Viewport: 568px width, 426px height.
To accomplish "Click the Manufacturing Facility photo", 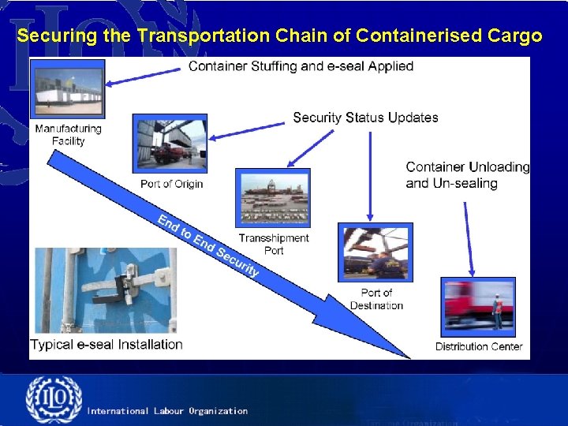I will (69, 88).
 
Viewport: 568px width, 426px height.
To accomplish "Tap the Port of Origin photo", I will (170, 143).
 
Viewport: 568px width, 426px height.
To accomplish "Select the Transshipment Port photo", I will (273, 197).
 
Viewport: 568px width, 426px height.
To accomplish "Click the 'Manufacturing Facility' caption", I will (69, 135).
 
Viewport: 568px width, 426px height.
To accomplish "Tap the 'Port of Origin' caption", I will (171, 184).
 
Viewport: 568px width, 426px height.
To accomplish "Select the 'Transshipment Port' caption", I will (274, 245).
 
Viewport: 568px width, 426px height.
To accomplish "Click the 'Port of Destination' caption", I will (376, 300).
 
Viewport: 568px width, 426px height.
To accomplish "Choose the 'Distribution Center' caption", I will (479, 346).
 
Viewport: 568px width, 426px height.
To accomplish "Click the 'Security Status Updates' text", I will (365, 118).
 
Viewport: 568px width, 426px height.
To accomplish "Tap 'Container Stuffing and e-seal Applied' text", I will (301, 66).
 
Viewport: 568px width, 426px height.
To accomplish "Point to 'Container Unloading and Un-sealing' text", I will (467, 175).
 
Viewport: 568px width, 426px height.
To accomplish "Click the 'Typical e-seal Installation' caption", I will (106, 344).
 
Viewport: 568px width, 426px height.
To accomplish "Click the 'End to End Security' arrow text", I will (208, 245).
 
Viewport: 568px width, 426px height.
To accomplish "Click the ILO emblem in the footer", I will (53, 401).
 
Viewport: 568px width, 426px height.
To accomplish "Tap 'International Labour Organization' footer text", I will (167, 411).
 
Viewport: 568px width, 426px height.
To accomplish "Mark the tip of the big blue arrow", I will (409, 357).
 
